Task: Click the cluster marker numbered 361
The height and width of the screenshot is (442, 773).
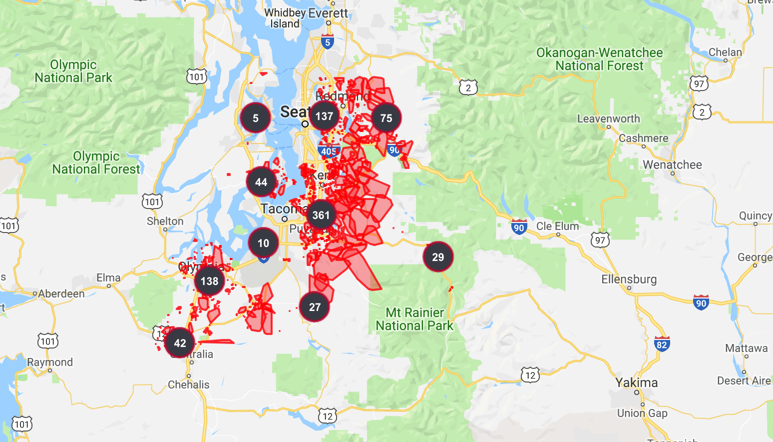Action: [321, 215]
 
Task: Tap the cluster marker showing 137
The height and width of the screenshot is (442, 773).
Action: [324, 116]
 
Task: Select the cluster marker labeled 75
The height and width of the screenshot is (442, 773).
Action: [386, 118]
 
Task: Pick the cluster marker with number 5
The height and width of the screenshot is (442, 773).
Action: [255, 118]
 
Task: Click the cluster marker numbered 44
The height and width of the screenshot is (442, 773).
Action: [261, 182]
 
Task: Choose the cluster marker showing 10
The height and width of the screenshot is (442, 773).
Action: [263, 243]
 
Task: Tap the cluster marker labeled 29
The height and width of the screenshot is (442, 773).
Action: [438, 257]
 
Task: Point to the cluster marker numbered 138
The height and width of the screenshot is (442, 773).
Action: [209, 281]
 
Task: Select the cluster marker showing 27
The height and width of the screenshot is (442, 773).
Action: [315, 307]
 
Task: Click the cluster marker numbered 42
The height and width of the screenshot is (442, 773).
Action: [180, 343]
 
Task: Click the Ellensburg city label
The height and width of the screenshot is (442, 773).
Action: [629, 279]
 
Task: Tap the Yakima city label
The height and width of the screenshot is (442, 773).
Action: [636, 382]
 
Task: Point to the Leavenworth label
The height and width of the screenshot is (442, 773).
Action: [608, 118]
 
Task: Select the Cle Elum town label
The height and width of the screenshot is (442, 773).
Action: [557, 226]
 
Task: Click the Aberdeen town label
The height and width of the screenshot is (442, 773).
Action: [61, 293]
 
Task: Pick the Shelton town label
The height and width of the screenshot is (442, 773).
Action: [165, 221]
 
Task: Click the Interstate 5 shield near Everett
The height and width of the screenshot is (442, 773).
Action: [328, 42]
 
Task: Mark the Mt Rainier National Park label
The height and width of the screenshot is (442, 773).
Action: [414, 319]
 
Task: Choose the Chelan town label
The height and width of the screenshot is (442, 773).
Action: [725, 52]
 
